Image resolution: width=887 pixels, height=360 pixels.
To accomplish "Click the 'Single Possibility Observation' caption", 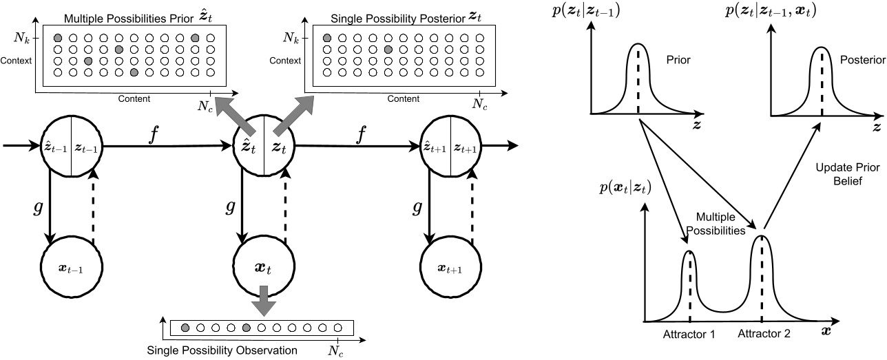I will coord(222,350).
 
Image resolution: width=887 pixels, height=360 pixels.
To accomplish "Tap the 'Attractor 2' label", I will coord(764,334).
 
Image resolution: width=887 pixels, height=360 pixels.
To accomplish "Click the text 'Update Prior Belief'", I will coord(839,173).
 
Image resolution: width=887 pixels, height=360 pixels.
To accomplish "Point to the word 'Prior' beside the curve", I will coord(678,60).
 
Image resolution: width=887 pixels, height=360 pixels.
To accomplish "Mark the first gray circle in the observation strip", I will coord(185,327).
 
